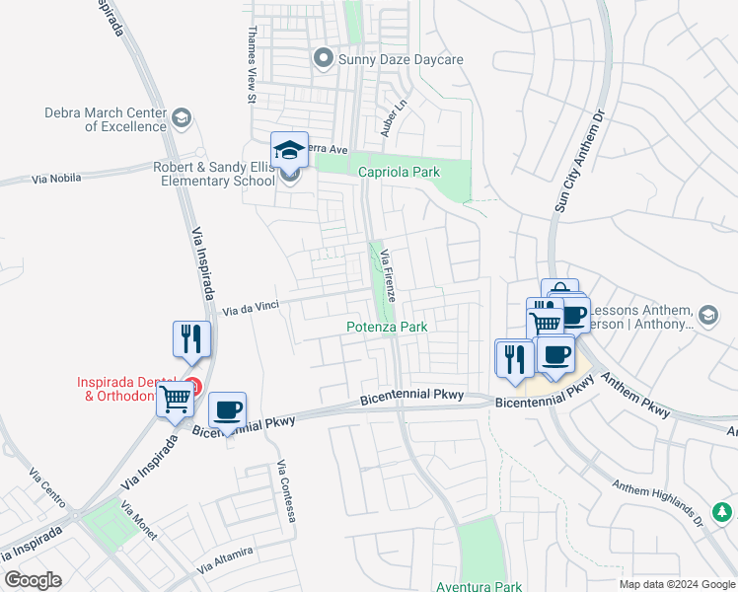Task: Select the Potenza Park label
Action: point(386,327)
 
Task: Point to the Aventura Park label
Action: point(480,586)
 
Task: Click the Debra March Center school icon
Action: point(181,119)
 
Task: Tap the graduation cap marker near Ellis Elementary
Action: point(289,151)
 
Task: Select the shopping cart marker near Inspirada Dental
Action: point(176,400)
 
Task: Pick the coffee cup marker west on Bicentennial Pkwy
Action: point(227,409)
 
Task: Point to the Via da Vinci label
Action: point(249,307)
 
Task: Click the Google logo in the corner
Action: point(33,580)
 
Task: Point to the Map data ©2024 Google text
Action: point(676,584)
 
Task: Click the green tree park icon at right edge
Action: point(723,513)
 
